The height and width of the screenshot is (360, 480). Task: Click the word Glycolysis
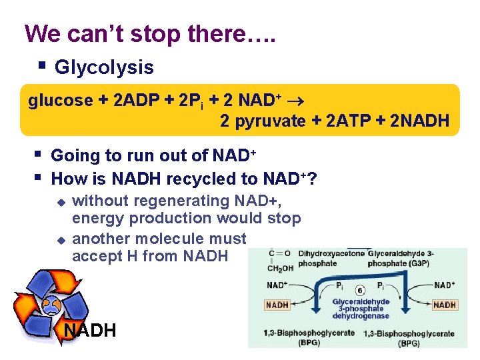coord(104,67)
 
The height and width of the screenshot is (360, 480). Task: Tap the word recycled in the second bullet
coord(199,179)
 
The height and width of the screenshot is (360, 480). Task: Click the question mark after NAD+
coord(313,179)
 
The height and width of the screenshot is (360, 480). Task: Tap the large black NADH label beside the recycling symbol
coord(90,329)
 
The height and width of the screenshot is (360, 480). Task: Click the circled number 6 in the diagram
coord(360,291)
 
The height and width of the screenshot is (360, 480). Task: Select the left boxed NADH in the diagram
coord(277,305)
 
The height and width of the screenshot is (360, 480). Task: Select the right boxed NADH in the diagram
coord(444,305)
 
